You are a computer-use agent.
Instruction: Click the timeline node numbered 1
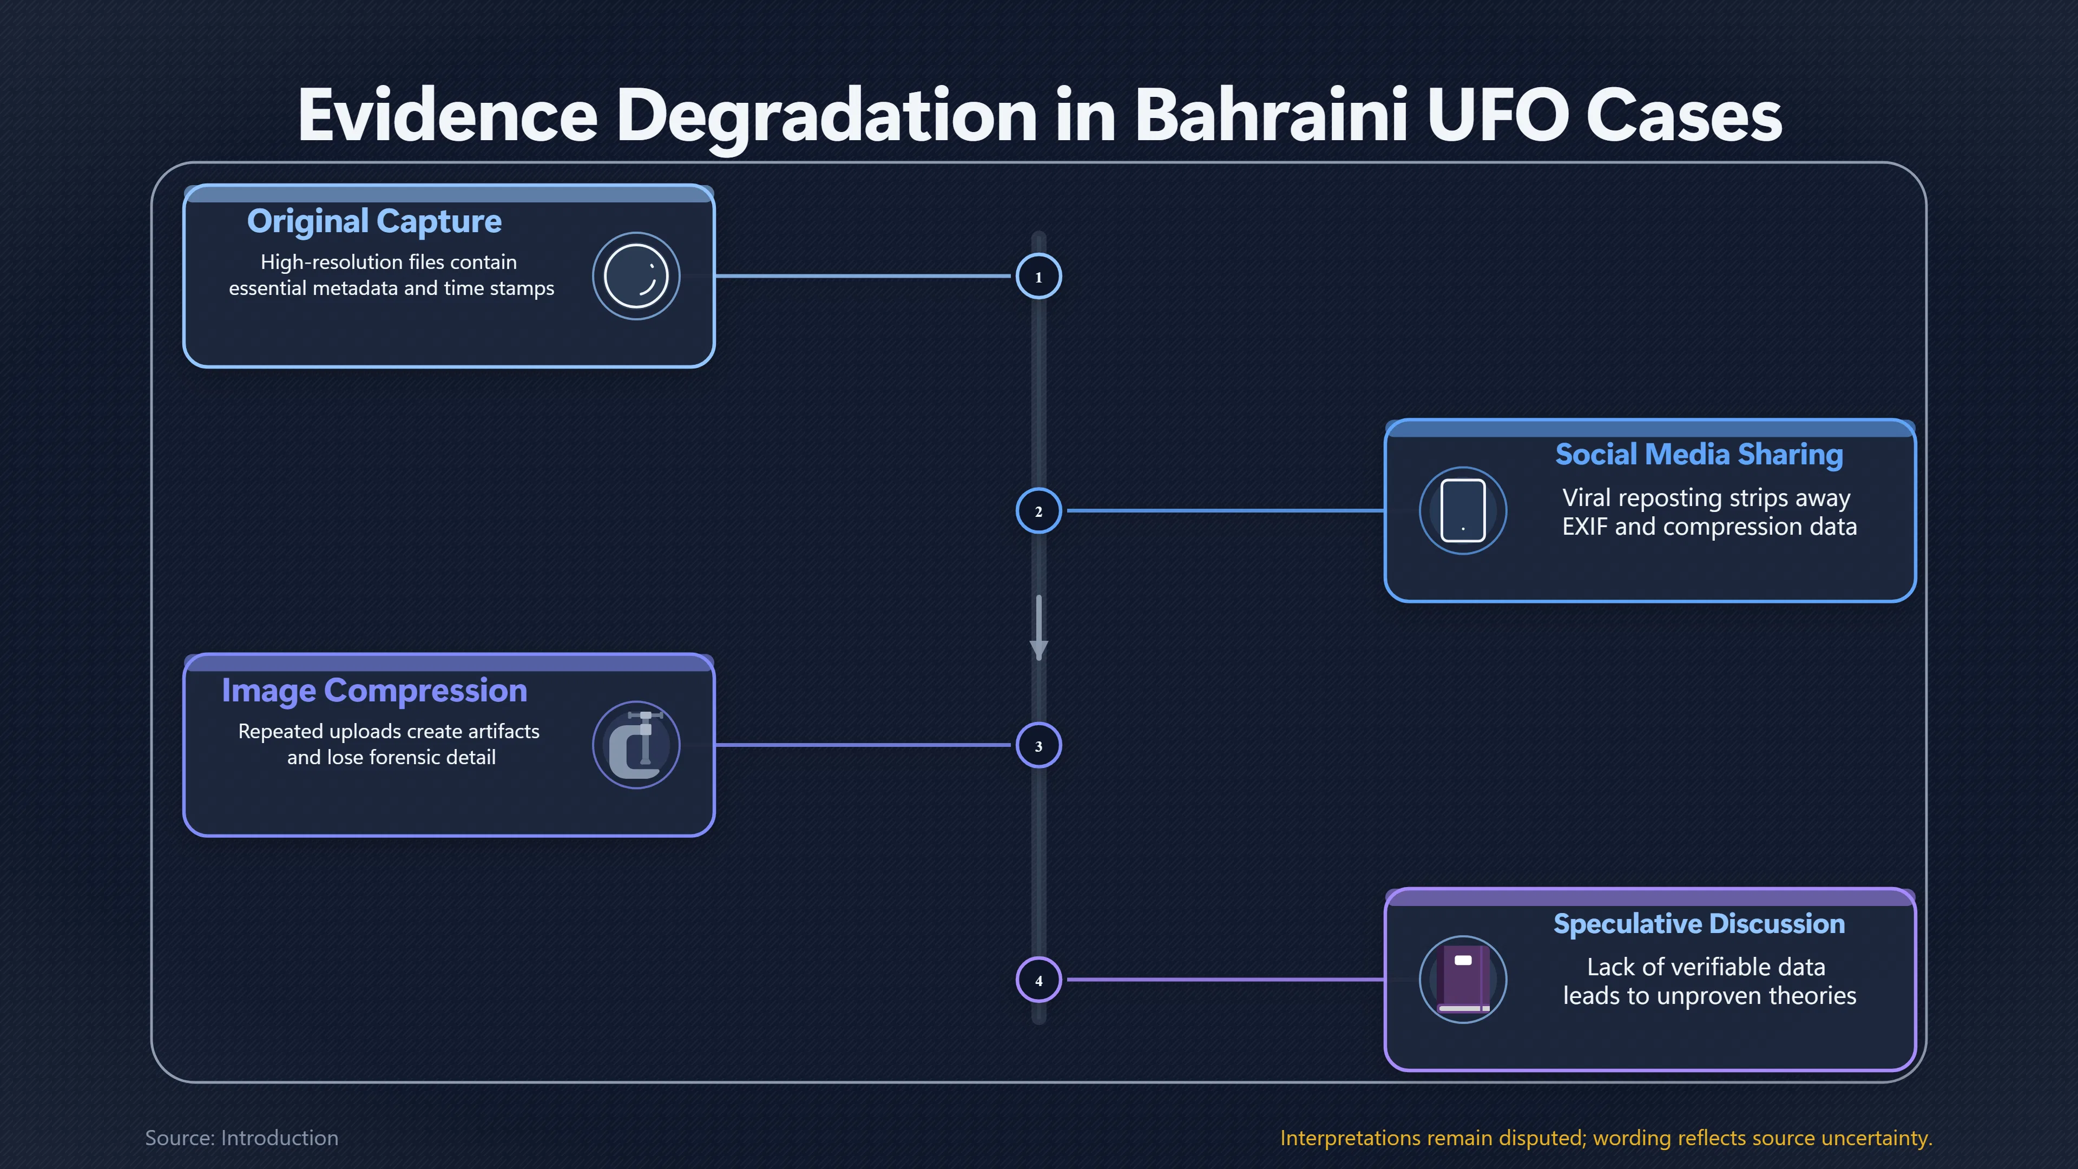[1038, 277]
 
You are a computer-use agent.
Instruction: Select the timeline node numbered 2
[1038, 511]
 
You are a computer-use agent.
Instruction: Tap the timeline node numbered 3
[1038, 745]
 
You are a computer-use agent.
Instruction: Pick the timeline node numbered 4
[1038, 980]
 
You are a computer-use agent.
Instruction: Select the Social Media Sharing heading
[1699, 455]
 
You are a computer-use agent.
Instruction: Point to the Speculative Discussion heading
[1699, 924]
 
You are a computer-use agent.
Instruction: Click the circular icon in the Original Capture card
[636, 276]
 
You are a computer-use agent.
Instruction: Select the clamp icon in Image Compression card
[636, 745]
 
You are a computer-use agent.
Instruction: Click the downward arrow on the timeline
[1039, 628]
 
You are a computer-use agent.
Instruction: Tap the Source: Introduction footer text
[242, 1138]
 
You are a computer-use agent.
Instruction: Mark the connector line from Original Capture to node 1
[863, 276]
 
